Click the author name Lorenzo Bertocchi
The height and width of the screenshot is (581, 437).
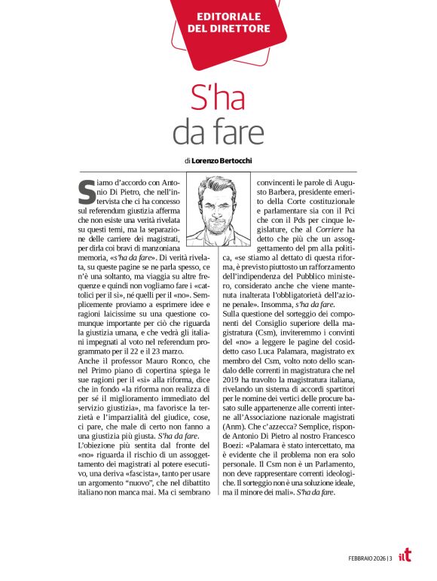[x=223, y=160]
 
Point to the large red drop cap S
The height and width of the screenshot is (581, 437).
[x=86, y=192]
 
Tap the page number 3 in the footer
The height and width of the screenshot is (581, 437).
[x=391, y=558]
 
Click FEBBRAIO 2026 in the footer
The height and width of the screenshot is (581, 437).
[x=365, y=558]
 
